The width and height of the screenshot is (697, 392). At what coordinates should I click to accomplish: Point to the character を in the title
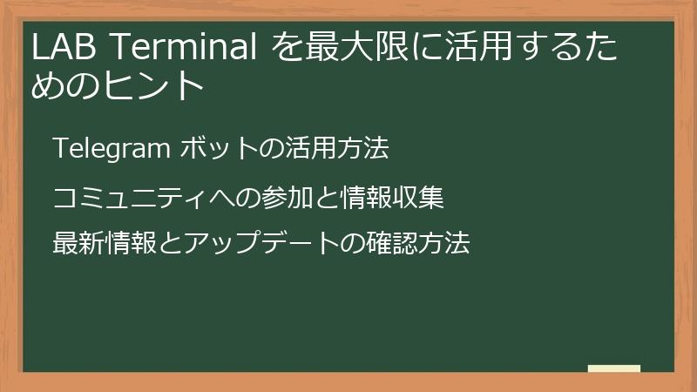(x=285, y=49)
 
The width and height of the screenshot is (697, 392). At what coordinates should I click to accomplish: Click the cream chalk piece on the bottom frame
(x=613, y=368)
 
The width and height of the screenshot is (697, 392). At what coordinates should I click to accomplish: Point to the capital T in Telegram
(x=59, y=149)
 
